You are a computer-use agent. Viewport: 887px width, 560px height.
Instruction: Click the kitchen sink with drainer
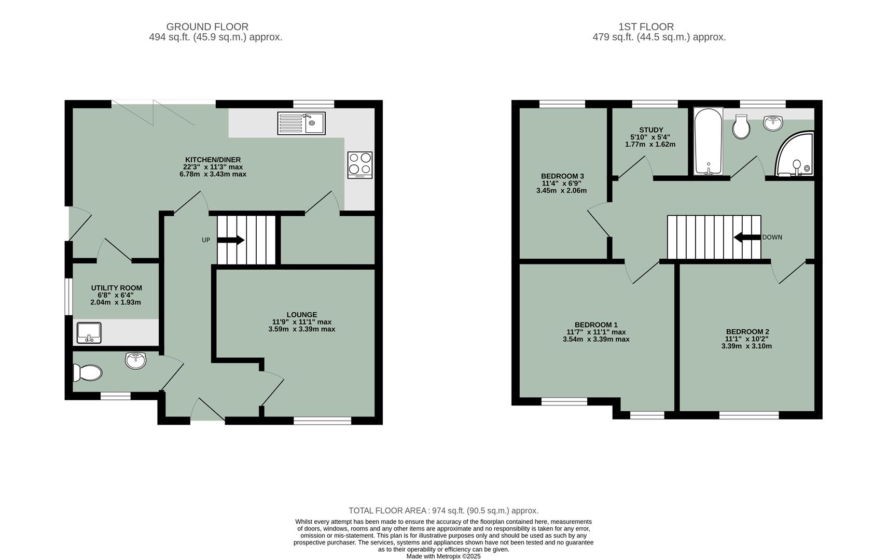(301, 123)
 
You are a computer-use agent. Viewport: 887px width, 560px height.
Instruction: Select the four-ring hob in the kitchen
(359, 164)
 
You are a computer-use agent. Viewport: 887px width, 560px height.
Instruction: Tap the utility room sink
(89, 332)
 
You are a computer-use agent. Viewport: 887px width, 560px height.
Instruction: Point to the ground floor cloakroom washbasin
(136, 359)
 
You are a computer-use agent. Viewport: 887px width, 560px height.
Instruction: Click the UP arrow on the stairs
(231, 240)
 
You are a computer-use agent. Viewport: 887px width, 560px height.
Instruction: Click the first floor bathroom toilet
(741, 127)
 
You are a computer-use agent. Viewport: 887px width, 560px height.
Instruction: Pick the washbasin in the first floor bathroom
(773, 122)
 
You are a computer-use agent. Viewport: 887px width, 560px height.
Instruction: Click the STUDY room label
(651, 130)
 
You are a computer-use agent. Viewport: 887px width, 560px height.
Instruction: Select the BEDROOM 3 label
(562, 176)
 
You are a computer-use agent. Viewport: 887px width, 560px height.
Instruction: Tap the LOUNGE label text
(302, 315)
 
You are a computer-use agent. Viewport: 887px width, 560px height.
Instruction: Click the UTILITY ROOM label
(117, 288)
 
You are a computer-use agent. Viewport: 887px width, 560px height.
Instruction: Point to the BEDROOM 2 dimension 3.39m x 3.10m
(746, 346)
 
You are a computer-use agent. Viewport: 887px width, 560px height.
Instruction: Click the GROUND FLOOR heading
(207, 26)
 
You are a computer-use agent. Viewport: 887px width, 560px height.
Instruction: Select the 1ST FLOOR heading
(646, 26)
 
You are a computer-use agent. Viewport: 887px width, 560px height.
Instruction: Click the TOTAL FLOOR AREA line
(443, 511)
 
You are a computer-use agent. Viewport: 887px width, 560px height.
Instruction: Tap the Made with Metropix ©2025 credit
(443, 556)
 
